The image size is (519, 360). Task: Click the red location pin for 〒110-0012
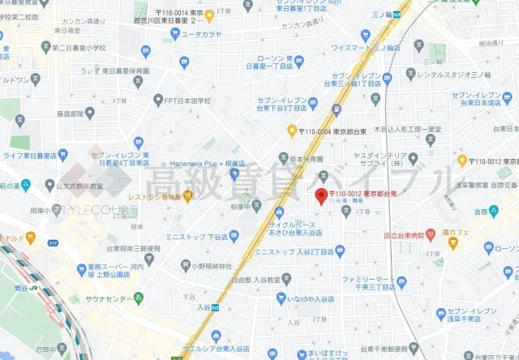pos(320,195)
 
